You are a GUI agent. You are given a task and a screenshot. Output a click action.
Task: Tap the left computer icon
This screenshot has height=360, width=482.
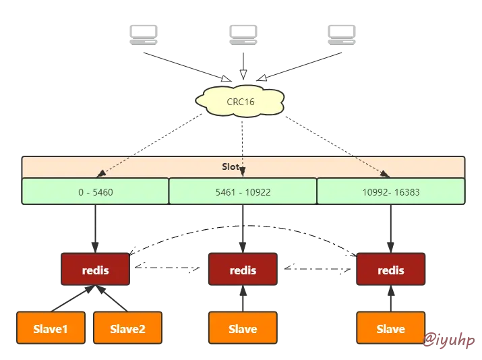coord(146,34)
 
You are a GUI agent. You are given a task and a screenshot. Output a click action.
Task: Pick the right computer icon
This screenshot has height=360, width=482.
coord(339,34)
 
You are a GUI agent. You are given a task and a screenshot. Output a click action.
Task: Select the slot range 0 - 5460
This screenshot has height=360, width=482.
coord(95,191)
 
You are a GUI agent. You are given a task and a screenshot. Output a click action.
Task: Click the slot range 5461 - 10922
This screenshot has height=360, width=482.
coord(243,191)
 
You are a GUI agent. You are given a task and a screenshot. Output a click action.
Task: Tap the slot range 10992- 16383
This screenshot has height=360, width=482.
coord(390,191)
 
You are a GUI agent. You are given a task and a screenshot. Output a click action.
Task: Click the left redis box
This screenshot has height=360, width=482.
coord(95,270)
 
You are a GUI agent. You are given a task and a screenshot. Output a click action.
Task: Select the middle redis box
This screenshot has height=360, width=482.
coord(243,270)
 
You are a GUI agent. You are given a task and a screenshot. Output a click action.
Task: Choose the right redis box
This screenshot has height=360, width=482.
coord(390,270)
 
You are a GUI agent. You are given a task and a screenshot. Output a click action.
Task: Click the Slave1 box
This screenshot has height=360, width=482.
coord(51,328)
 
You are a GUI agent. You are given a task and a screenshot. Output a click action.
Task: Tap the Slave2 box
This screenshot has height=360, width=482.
coord(127,328)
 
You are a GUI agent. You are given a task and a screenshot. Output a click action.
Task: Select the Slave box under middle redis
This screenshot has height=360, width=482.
coord(243,328)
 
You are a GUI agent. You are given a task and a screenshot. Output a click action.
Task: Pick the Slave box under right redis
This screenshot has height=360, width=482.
coord(390,328)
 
